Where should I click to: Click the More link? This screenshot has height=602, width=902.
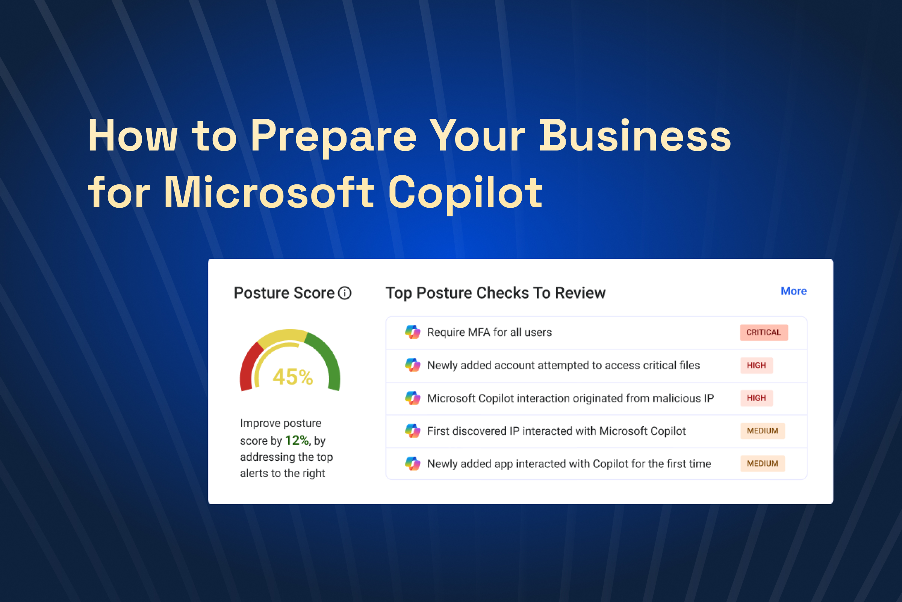pyautogui.click(x=793, y=291)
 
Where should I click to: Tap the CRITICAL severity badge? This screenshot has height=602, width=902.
pyautogui.click(x=763, y=333)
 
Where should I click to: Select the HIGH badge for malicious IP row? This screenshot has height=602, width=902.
pyautogui.click(x=756, y=398)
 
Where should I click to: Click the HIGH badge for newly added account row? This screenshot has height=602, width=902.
pyautogui.click(x=756, y=365)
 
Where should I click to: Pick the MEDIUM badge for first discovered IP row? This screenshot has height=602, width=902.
pyautogui.click(x=762, y=431)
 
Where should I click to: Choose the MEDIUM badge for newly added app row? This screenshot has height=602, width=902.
pyautogui.click(x=762, y=464)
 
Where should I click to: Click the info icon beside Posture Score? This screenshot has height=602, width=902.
pyautogui.click(x=344, y=293)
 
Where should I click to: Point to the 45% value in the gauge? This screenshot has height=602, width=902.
pyautogui.click(x=293, y=377)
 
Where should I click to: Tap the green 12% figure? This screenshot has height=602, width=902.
pyautogui.click(x=297, y=440)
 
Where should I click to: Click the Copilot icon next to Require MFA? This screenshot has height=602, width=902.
pyautogui.click(x=413, y=332)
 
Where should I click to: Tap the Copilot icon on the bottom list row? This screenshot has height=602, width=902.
pyautogui.click(x=413, y=464)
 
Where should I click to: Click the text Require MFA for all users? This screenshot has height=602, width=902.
pyautogui.click(x=489, y=333)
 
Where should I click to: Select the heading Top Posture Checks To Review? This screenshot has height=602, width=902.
pyautogui.click(x=495, y=293)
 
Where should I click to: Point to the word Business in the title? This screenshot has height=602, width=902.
pyautogui.click(x=635, y=136)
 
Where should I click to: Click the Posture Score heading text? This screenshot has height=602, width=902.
pyautogui.click(x=284, y=293)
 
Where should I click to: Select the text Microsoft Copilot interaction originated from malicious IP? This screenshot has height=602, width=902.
pyautogui.click(x=570, y=398)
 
